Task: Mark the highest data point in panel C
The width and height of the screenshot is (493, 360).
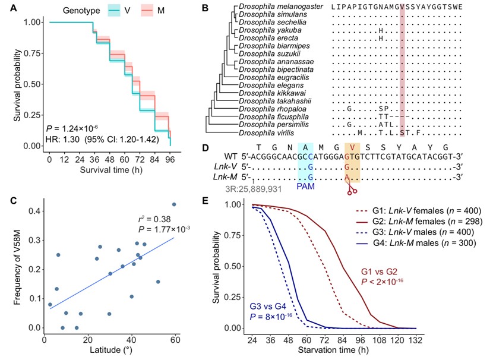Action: point(174,204)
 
